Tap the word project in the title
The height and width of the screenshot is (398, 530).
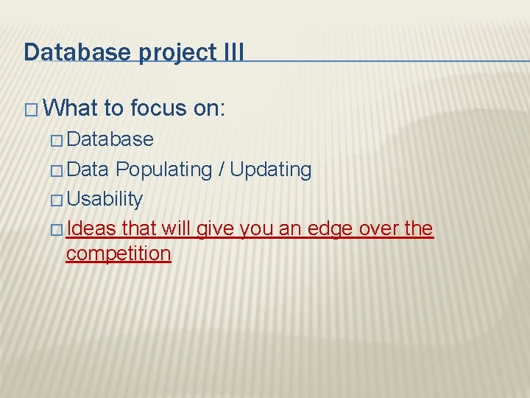pos(166,52)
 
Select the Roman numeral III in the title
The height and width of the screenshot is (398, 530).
pos(229,52)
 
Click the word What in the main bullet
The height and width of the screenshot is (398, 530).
pos(71,108)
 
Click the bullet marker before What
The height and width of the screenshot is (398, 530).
pos(31,109)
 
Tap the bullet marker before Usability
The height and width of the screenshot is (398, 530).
pos(57,200)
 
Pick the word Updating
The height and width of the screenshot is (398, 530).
pos(271,170)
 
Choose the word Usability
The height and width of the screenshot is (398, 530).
pos(105,199)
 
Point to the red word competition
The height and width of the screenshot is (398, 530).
pos(119,254)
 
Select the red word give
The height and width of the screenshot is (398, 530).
pos(213,228)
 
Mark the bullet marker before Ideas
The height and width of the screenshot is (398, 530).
pos(57,229)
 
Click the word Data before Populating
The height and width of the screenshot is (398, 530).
pos(88,170)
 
